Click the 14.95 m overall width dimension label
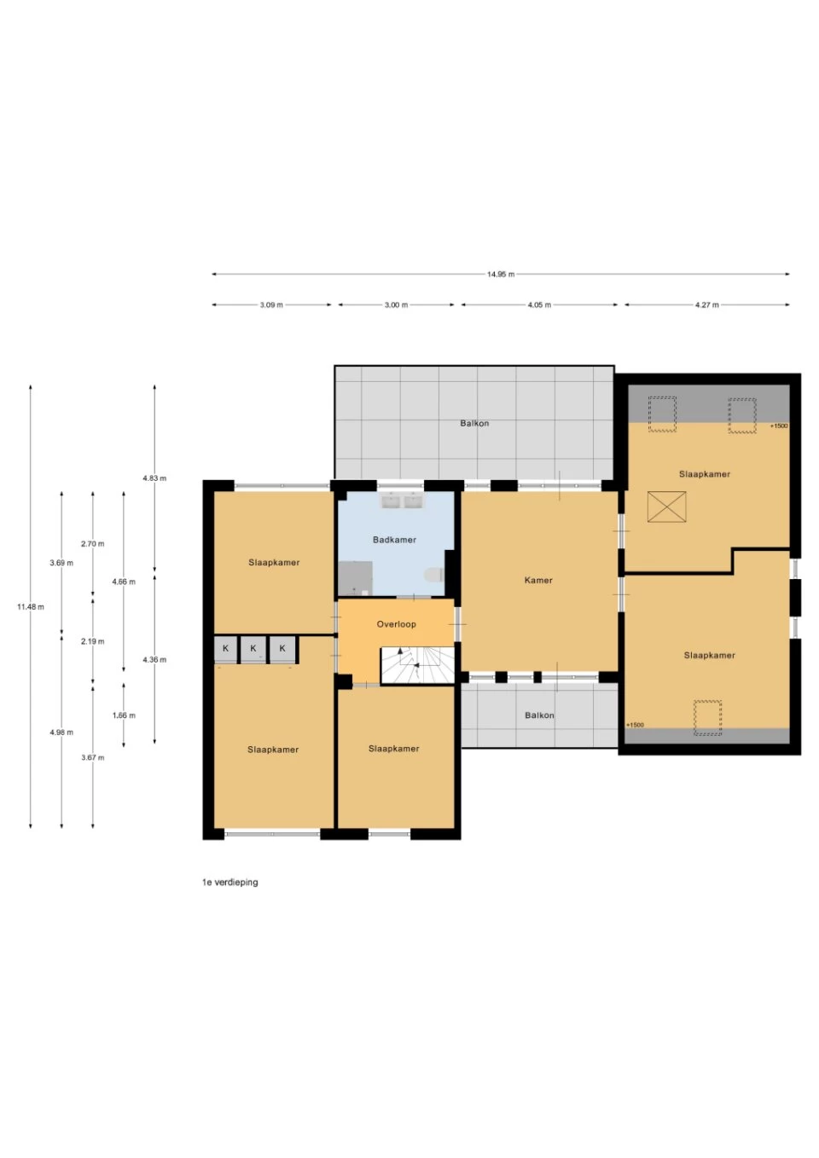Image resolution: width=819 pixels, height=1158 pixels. tap(501, 275)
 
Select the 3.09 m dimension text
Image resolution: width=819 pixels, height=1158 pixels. tap(271, 305)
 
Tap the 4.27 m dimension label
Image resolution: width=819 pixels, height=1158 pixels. tap(706, 305)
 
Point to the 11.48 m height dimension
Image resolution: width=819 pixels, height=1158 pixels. tap(31, 607)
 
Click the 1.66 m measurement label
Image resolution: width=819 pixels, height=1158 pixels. tap(124, 715)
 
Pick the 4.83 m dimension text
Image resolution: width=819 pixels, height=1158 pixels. tap(154, 478)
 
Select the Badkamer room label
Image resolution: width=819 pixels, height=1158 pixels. tap(394, 540)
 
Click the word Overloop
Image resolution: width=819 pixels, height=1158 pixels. tap(397, 624)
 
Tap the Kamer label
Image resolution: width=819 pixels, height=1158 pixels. tap(538, 580)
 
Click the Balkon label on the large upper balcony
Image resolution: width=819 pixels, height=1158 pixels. tap(474, 423)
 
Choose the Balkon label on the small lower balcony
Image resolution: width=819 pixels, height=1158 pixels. tap(539, 715)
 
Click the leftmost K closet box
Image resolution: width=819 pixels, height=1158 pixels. tap(225, 649)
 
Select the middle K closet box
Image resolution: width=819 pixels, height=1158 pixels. tap(253, 649)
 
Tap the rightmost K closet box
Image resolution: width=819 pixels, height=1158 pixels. tap(282, 649)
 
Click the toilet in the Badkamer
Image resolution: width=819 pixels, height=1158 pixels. tap(435, 575)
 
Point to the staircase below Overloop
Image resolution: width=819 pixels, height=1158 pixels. tap(417, 665)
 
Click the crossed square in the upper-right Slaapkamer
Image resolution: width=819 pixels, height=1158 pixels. tap(666, 507)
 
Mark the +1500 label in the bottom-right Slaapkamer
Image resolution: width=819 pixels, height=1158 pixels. tap(636, 725)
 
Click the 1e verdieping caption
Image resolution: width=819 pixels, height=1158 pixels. tap(229, 883)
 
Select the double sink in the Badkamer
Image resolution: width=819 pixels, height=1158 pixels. tap(402, 501)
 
